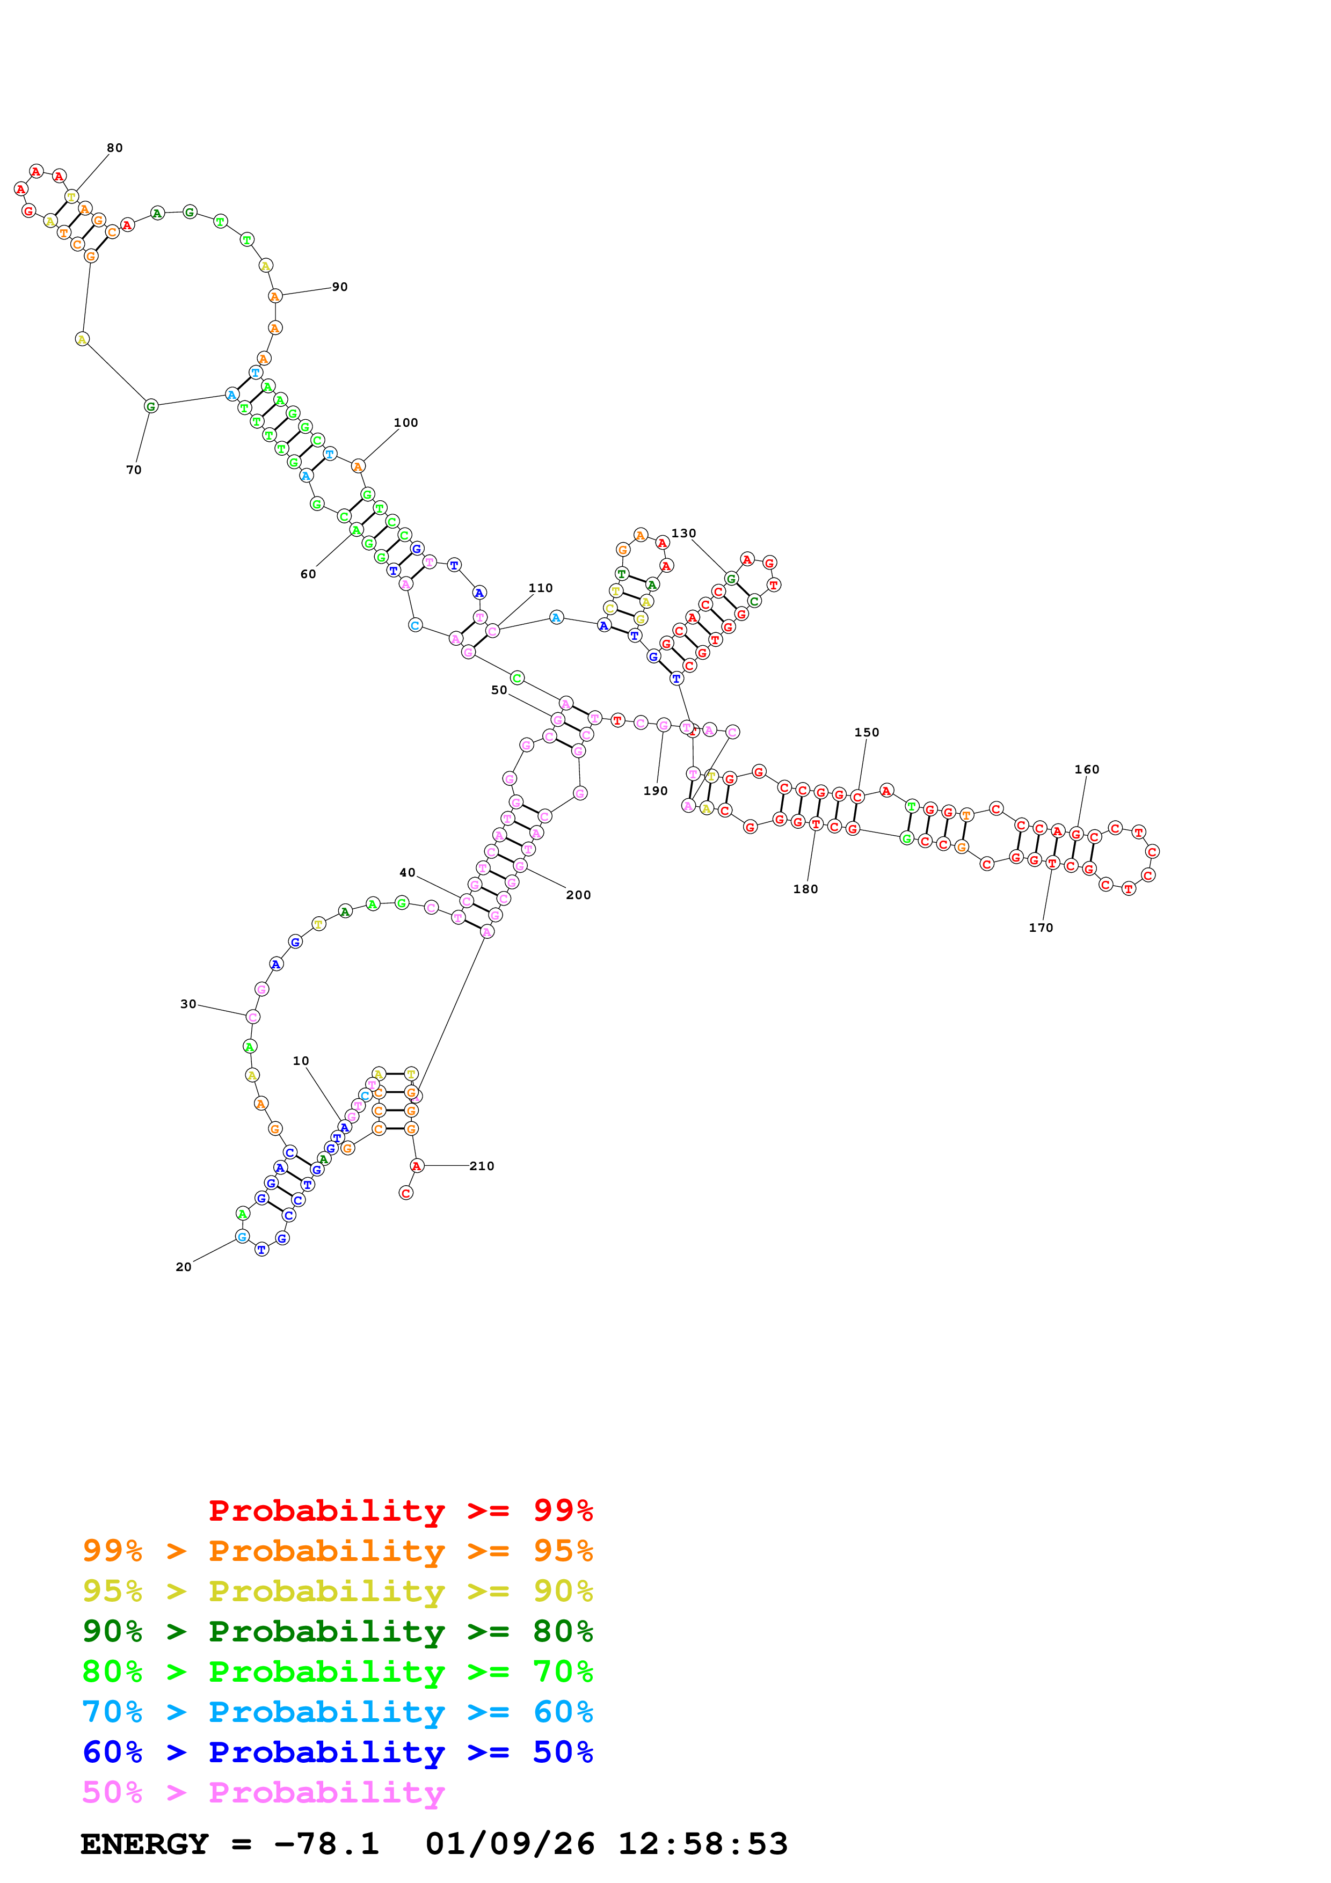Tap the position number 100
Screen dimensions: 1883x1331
click(x=406, y=423)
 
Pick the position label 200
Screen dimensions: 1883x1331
click(x=578, y=895)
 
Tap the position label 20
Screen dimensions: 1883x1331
click(x=184, y=1268)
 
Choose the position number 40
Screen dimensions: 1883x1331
click(x=408, y=873)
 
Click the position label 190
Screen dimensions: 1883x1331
click(x=655, y=791)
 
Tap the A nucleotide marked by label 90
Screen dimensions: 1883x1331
click(x=275, y=296)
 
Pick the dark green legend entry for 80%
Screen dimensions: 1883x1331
click(x=338, y=1631)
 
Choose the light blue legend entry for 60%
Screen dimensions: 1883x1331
click(x=338, y=1712)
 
